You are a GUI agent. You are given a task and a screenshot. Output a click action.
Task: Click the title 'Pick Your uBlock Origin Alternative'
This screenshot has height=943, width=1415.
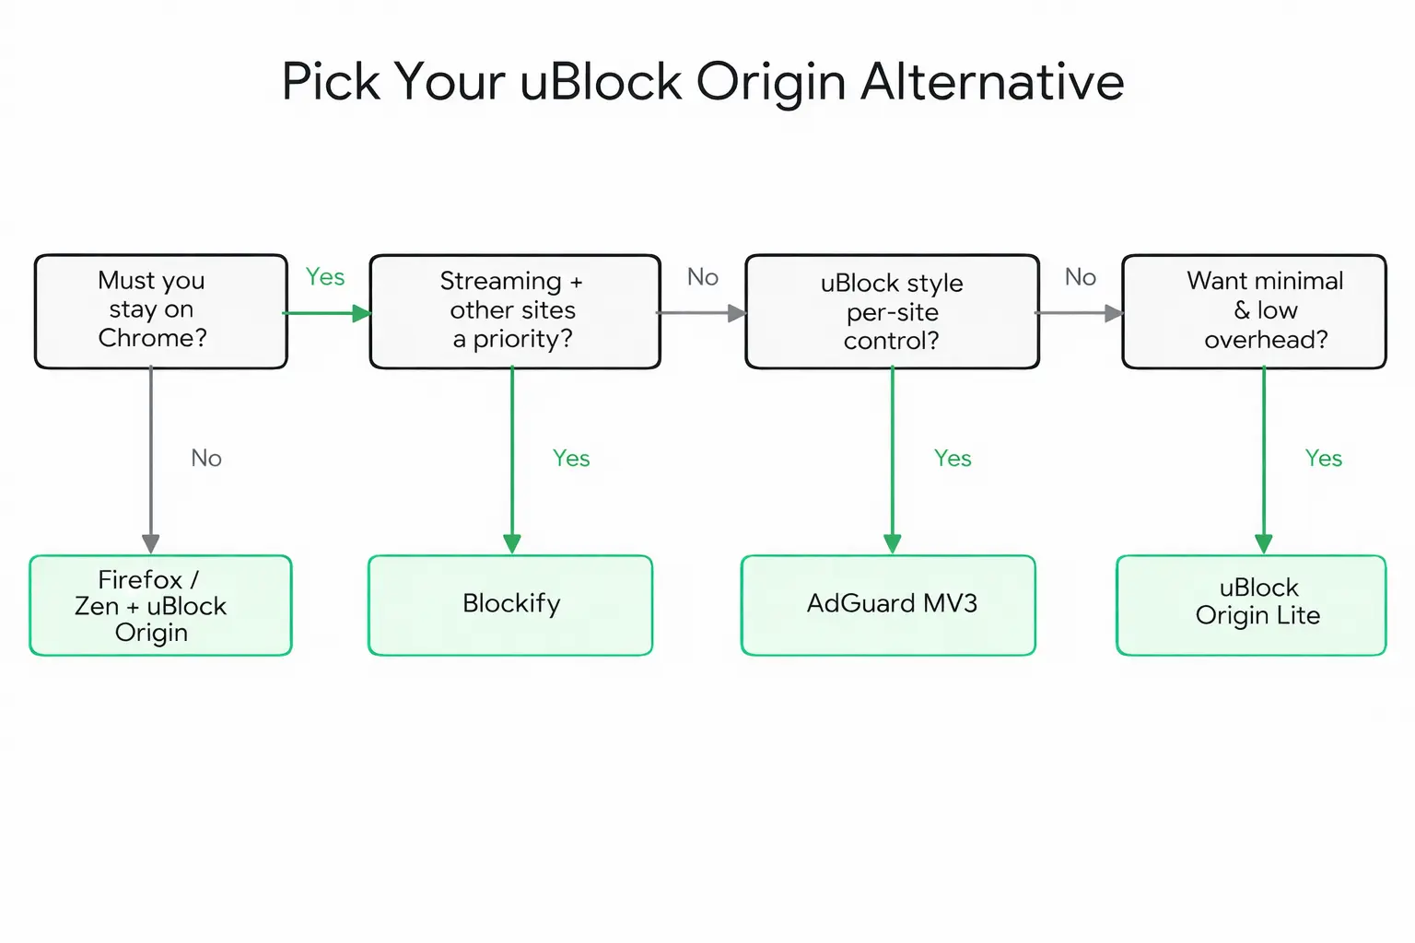702,82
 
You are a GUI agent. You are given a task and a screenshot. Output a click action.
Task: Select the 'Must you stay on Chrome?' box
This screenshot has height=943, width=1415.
160,311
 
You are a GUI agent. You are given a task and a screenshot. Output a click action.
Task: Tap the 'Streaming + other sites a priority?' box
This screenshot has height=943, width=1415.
514,311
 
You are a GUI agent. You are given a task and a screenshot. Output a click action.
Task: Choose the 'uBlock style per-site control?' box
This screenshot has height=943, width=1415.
891,311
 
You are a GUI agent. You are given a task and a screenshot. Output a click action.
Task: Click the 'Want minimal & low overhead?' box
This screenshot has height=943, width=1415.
1253,311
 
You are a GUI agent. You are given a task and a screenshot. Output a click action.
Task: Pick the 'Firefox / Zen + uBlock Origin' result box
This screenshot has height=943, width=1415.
160,605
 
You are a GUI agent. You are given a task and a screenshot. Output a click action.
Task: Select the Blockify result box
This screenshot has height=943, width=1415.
510,605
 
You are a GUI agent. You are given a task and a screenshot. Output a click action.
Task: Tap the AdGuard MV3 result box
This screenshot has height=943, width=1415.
888,605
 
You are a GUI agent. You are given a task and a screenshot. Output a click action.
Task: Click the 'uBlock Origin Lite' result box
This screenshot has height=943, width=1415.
1250,605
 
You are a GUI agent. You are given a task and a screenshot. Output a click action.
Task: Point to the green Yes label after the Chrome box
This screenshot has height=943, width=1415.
325,277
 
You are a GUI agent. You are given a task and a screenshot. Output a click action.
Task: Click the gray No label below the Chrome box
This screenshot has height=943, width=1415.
206,459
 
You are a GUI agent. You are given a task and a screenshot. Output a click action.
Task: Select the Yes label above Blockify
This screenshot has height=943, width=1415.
571,459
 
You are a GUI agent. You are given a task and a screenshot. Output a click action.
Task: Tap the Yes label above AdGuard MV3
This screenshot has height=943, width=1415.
953,459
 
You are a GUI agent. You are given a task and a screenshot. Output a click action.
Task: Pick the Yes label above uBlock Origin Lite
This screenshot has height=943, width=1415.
1323,459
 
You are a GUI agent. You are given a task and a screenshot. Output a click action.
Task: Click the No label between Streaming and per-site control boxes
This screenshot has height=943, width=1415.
703,277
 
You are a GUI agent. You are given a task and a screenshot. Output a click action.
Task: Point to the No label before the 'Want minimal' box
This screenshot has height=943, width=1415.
1080,277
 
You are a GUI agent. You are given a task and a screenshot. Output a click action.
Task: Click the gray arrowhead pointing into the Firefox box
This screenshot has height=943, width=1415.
151,543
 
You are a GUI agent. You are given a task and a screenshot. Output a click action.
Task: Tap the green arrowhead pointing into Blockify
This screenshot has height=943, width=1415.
512,543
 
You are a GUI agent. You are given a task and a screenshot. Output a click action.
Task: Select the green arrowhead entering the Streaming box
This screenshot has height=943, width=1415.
361,314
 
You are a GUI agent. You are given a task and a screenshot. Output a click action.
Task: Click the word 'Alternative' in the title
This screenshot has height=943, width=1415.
992,82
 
